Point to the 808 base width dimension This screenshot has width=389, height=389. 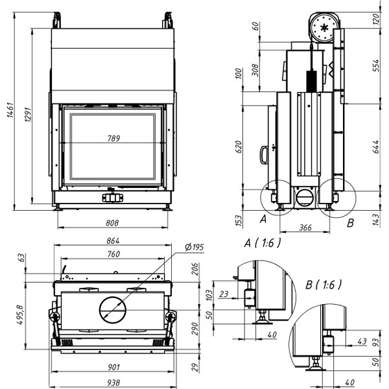[112, 223]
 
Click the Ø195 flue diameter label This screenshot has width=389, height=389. [194, 246]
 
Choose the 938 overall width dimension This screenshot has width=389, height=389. [113, 383]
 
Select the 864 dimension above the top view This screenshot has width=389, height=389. [113, 241]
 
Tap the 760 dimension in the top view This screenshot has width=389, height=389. [113, 253]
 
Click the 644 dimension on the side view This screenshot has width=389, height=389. [376, 147]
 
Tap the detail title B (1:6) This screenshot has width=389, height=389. [323, 284]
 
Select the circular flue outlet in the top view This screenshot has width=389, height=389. [115, 310]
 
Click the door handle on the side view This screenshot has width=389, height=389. [264, 154]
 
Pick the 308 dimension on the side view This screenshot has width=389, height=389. [255, 68]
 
